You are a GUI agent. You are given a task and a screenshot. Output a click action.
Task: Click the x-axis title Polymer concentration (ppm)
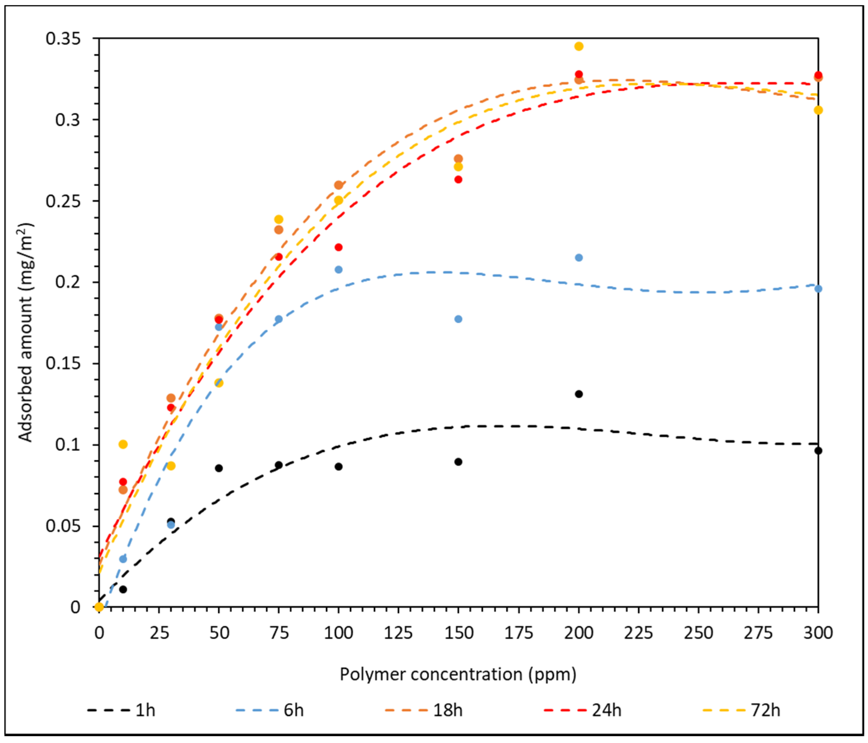(x=458, y=674)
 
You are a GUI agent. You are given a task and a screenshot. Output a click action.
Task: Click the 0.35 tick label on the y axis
(x=63, y=39)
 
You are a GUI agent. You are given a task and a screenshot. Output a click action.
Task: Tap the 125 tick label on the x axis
(x=398, y=633)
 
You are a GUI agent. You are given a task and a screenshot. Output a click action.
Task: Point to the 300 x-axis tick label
(x=818, y=633)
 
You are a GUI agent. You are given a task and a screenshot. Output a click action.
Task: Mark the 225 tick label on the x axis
(x=638, y=633)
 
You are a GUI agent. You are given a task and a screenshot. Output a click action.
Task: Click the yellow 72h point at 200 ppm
(x=579, y=46)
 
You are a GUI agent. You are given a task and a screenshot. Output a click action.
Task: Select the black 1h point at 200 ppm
(x=579, y=394)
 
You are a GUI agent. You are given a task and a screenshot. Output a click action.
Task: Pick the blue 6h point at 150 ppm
(x=458, y=319)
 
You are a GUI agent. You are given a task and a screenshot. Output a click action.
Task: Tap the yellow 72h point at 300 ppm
(x=818, y=111)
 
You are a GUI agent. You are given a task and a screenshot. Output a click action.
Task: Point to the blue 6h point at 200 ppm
(x=579, y=258)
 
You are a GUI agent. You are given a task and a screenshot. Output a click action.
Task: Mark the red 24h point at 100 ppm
(x=339, y=247)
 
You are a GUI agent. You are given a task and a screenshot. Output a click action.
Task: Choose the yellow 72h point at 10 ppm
(x=123, y=445)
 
